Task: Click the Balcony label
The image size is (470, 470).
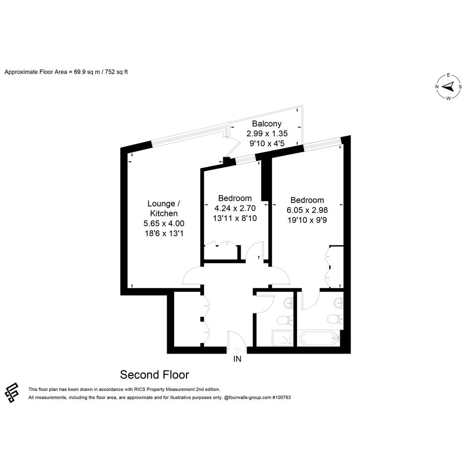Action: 267,124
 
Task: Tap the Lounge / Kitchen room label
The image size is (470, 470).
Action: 164,208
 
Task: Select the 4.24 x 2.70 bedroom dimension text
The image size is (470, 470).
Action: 235,208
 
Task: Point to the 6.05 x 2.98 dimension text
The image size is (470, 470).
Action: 307,210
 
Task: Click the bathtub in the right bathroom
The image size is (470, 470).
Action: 319,339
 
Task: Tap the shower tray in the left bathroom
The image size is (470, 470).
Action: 282,338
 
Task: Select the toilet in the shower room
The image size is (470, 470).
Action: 285,320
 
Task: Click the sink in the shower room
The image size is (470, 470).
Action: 288,303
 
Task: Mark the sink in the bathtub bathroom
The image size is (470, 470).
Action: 339,303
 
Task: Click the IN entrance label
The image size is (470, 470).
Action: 237,359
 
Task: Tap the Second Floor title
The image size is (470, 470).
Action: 154,375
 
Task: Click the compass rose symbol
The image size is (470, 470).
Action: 449,87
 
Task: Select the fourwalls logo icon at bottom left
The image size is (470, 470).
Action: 12,392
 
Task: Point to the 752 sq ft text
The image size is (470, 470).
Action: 116,72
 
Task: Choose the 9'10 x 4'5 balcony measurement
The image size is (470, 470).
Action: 267,143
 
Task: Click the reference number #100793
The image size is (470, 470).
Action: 281,397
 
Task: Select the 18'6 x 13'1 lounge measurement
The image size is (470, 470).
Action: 164,233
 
